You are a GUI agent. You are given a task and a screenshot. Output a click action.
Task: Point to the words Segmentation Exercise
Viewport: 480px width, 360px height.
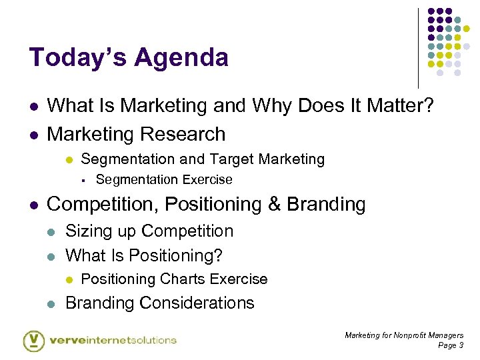click(164, 180)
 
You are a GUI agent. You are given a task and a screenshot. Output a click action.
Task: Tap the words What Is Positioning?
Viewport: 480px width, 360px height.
click(144, 255)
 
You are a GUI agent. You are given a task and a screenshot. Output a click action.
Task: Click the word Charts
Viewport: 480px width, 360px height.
click(176, 279)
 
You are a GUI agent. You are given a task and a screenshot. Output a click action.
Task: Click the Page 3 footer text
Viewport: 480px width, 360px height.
click(451, 345)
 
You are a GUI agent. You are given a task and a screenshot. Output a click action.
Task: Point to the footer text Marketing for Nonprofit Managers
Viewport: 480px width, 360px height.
click(404, 335)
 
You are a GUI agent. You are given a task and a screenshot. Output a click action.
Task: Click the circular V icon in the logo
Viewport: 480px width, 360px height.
click(33, 340)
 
